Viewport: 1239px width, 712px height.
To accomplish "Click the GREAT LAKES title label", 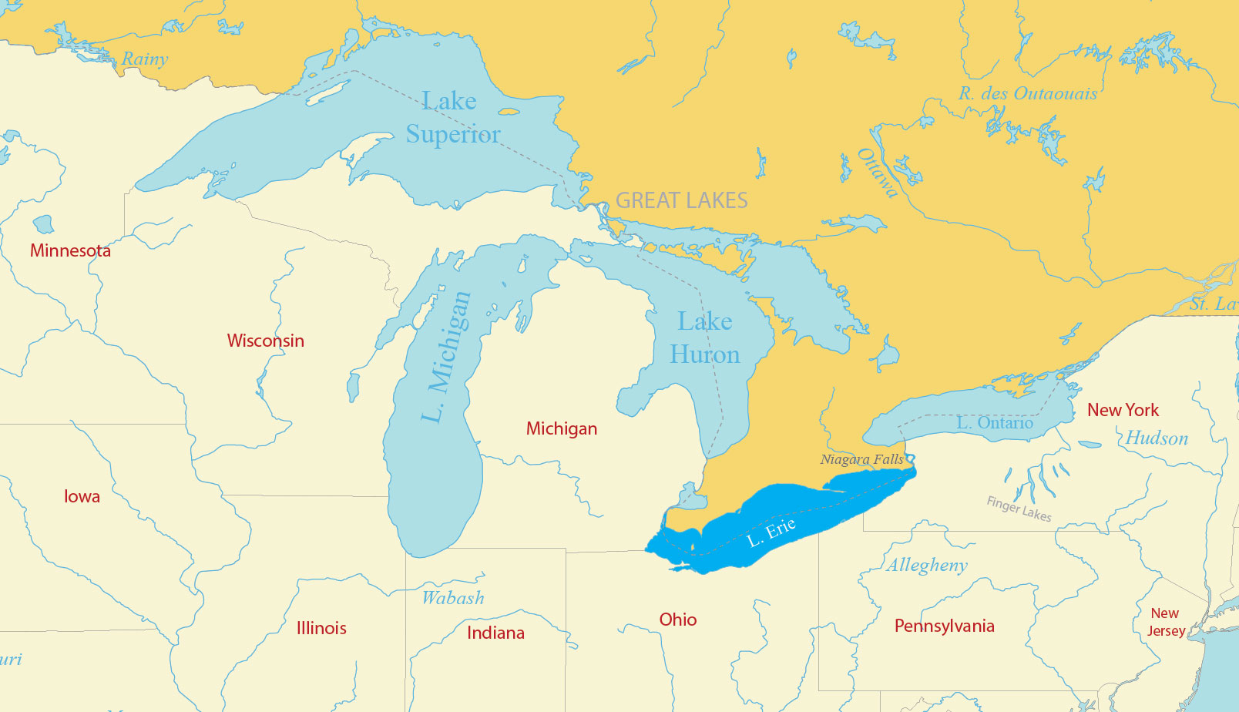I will coord(681,200).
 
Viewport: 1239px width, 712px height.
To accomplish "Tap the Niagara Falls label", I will coord(861,459).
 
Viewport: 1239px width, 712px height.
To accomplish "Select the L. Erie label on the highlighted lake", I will coord(771,532).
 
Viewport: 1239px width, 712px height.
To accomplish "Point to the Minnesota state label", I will coord(70,250).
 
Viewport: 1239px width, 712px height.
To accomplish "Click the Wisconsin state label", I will coord(265,341).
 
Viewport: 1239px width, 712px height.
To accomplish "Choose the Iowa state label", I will coord(82,496).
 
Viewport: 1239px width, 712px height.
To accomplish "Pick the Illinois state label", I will coord(321,628).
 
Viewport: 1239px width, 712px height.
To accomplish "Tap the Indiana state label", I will coord(495,633).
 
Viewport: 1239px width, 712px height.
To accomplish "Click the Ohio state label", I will coord(677,620).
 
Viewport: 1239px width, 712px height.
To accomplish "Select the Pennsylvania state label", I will coord(944,626).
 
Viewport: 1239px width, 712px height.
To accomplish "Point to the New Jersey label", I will coord(1166,622).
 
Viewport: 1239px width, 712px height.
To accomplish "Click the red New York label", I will coord(1123,410).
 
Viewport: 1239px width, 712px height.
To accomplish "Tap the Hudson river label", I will coord(1157,438).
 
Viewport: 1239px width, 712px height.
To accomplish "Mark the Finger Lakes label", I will coord(1019,509).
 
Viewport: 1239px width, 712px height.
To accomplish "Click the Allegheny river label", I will coord(927,565).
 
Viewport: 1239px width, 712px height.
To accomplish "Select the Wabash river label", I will coord(453,598).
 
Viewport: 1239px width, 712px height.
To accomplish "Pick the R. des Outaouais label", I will coord(1028,94).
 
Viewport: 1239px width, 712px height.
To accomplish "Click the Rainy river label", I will coord(145,59).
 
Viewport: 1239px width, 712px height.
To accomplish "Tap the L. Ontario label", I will coord(994,423).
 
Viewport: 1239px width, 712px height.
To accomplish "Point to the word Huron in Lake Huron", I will coord(704,354).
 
